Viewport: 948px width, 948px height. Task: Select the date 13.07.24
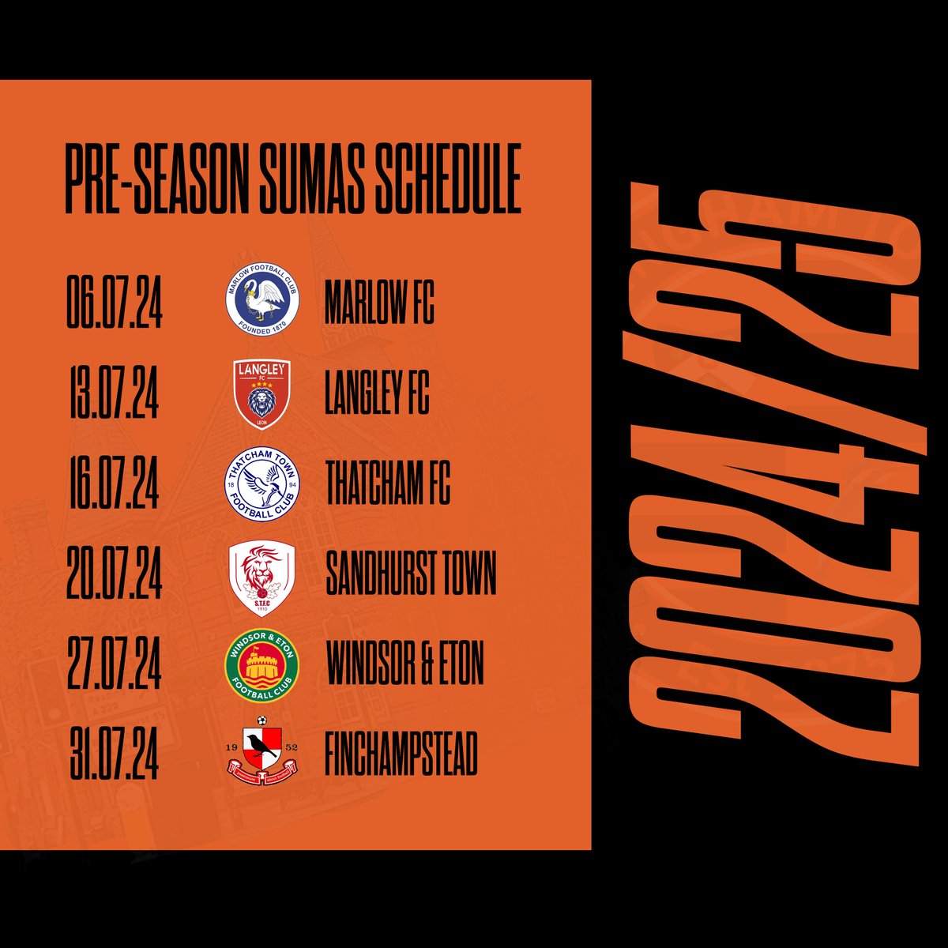click(114, 395)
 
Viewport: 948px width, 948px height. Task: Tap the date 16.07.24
click(114, 484)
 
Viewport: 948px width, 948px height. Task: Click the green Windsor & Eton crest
click(261, 666)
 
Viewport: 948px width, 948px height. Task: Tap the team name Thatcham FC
click(387, 484)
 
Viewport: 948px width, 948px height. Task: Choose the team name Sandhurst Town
click(411, 574)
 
